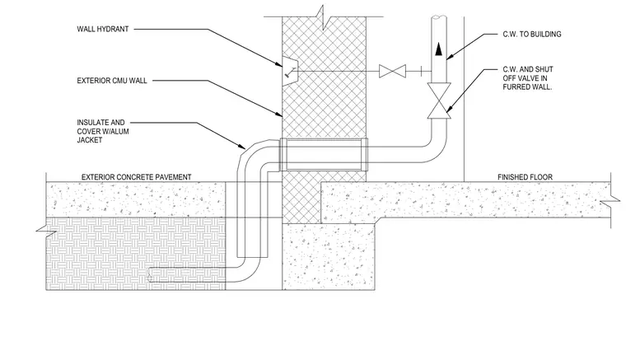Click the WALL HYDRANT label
pyautogui.click(x=103, y=29)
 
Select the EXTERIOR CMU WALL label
pyautogui.click(x=112, y=81)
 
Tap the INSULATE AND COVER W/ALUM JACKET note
pyautogui.click(x=103, y=131)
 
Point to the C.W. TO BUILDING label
pyautogui.click(x=532, y=35)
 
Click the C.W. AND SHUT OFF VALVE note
pyautogui.click(x=528, y=77)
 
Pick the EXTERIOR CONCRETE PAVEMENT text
pyautogui.click(x=136, y=177)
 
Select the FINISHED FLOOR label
pyautogui.click(x=525, y=177)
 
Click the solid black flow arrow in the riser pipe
pyautogui.click(x=439, y=49)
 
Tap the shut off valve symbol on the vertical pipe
pyautogui.click(x=439, y=101)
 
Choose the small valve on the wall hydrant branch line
pyautogui.click(x=392, y=71)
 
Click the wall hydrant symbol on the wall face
pyautogui.click(x=289, y=71)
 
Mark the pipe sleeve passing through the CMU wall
pyautogui.click(x=324, y=154)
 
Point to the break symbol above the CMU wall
pyautogui.click(x=324, y=17)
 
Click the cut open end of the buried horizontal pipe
pyautogui.click(x=149, y=275)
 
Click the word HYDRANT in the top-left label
pyautogui.click(x=114, y=29)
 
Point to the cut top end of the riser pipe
pyautogui.click(x=439, y=17)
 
